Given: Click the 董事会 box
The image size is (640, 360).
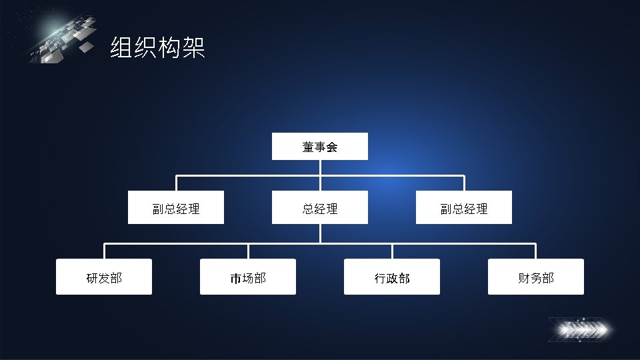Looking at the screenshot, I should tap(319, 147).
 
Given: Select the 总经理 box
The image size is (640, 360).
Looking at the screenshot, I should tap(319, 208).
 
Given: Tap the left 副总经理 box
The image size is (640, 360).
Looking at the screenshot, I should tap(176, 208).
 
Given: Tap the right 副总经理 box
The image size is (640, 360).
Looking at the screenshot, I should tap(464, 208).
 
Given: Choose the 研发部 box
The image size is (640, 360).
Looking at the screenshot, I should tap(104, 277).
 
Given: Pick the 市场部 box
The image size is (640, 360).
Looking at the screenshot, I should tap(248, 277).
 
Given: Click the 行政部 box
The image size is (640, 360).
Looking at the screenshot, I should tap(392, 277).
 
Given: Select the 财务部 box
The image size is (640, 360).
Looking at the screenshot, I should tap(536, 277).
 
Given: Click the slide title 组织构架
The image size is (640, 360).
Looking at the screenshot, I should tap(157, 48).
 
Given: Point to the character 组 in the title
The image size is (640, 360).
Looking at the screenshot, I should tap(121, 48).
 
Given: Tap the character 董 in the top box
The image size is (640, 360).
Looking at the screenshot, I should tap(308, 147).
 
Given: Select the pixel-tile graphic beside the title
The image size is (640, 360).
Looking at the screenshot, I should tap(63, 40).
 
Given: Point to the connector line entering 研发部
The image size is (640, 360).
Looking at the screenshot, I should tap(104, 251).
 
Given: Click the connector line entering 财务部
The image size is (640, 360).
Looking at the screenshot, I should tap(536, 251).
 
